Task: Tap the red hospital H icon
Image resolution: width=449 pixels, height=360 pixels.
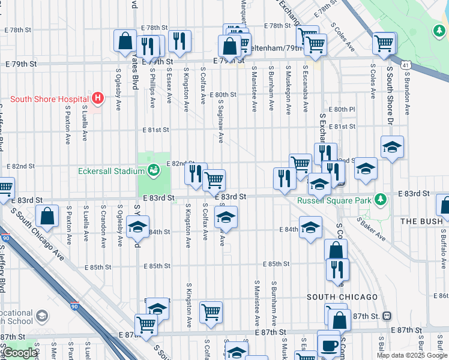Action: pos(97,97)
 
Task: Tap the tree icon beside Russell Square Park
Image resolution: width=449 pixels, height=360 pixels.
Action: pos(380,199)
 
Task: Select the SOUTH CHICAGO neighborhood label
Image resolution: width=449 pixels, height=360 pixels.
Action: pos(342,297)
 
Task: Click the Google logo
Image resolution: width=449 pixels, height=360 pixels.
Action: pos(20,353)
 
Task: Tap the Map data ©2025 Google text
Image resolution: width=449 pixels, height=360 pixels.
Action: pos(412,355)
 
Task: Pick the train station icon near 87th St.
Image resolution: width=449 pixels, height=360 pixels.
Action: pos(387,316)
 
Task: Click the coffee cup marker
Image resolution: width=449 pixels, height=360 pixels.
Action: pos(328,345)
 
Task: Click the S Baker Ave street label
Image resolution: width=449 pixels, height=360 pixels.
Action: pos(371,229)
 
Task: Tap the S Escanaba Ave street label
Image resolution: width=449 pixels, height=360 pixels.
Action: pos(306,88)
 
